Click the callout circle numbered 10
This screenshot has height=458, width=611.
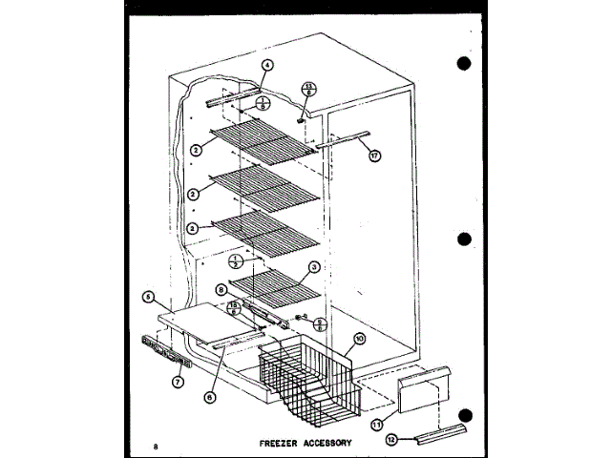(x=359, y=338)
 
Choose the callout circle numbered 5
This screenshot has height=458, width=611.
(x=148, y=297)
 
